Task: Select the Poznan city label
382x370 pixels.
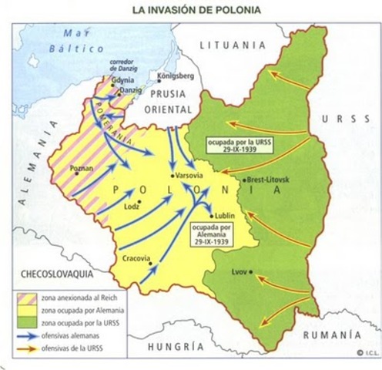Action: (x=81, y=166)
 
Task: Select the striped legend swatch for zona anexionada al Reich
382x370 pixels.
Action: (x=25, y=297)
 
